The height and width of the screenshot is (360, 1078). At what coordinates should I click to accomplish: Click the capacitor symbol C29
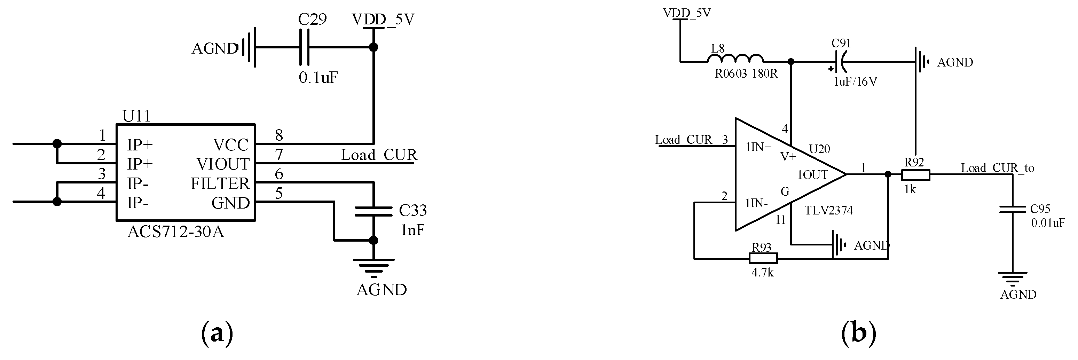[x=304, y=47]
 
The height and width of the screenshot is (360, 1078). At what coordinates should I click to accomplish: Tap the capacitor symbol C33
[x=373, y=211]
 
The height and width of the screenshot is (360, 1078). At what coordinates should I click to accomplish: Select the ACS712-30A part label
[x=175, y=232]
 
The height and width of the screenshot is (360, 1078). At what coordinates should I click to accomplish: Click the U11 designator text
[x=136, y=116]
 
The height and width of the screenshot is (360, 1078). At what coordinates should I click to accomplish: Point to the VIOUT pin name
[x=223, y=164]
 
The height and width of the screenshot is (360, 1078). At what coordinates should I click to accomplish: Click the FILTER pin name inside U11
[x=220, y=183]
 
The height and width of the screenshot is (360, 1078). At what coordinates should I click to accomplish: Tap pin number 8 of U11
[x=279, y=135]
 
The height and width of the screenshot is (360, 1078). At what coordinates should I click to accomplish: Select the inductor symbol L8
[x=735, y=59]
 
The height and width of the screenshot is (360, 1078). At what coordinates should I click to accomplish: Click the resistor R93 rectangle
[x=763, y=258]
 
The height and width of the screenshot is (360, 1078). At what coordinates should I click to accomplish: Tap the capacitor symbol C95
[x=1012, y=209]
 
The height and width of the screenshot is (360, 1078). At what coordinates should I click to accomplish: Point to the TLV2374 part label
[x=828, y=210]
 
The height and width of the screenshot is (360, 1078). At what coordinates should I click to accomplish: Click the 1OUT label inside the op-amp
[x=812, y=175]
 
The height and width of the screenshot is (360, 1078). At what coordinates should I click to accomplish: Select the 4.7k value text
[x=763, y=273]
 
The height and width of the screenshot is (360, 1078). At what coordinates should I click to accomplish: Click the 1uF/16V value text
[x=855, y=81]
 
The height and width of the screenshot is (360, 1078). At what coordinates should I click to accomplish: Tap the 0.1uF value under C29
[x=318, y=77]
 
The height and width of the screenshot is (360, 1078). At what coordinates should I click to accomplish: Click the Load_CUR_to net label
[x=997, y=168]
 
